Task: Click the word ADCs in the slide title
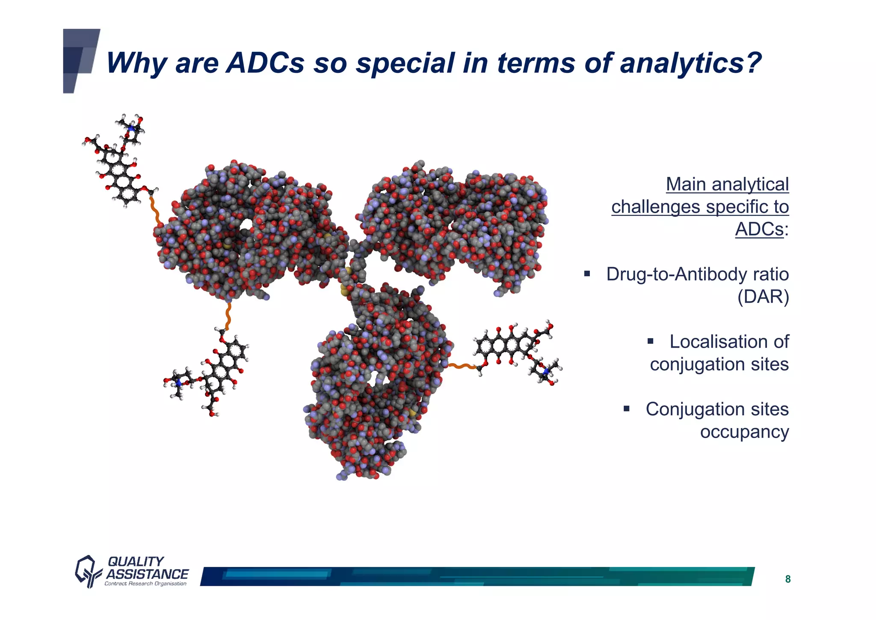[x=265, y=63]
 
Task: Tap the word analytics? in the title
[x=691, y=63]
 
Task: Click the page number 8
[x=787, y=579]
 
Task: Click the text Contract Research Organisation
[x=145, y=584]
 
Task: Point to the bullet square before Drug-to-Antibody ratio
[x=587, y=274]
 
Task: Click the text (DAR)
[x=763, y=296]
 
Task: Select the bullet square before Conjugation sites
[x=627, y=408]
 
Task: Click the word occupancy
[x=744, y=432]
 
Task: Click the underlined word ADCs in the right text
[x=759, y=229]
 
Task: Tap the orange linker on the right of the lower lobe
[x=462, y=367]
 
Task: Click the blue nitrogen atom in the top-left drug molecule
[x=131, y=128]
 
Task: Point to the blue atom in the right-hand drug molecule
[x=546, y=372]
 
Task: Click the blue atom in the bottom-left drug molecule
[x=178, y=384]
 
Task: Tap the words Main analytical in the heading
[x=727, y=184]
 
